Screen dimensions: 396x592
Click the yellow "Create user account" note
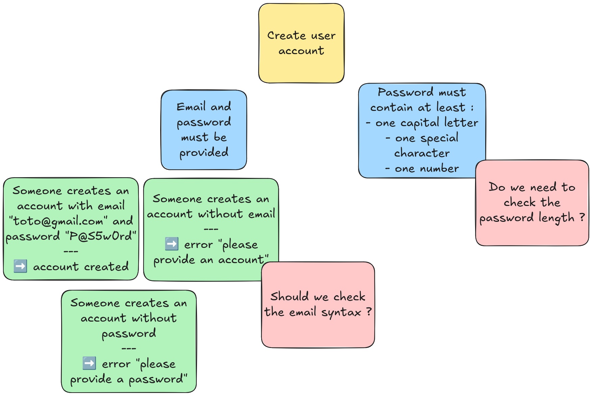click(301, 43)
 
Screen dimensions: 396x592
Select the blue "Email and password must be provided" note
click(204, 130)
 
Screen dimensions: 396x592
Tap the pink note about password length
click(532, 203)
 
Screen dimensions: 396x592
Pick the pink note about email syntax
click(318, 304)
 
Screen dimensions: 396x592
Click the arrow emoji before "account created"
click(20, 266)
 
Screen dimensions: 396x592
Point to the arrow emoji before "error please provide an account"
click(172, 244)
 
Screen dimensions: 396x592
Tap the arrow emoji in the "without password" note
click(89, 363)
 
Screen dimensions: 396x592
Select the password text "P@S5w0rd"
click(102, 236)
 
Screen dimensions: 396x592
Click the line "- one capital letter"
click(422, 123)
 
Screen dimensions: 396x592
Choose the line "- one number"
click(422, 168)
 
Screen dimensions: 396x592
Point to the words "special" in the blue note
click(439, 138)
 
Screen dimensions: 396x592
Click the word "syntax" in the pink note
click(341, 312)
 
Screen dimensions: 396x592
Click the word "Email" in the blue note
click(191, 107)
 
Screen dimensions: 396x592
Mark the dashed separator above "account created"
click(71, 251)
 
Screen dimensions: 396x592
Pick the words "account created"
click(81, 267)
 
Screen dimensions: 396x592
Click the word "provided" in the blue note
click(204, 153)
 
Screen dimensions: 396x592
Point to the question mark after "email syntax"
click(369, 311)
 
